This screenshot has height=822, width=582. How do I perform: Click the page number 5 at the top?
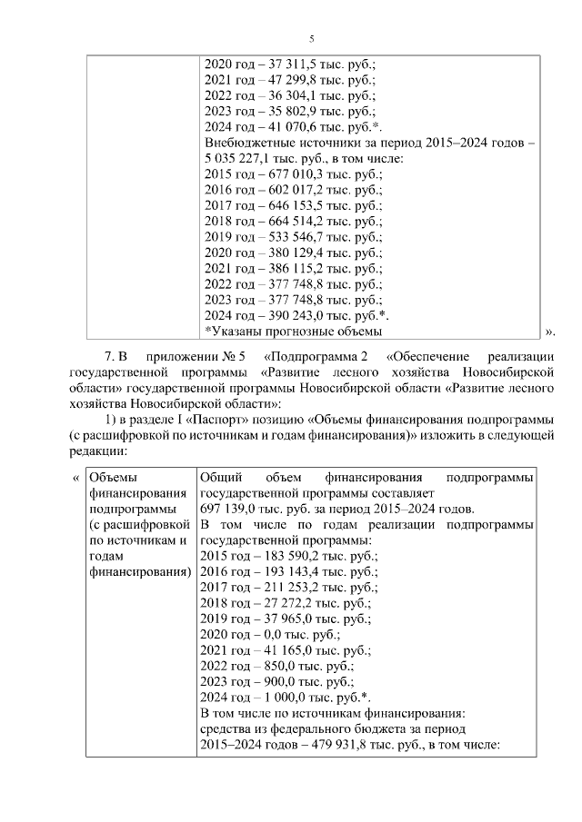pyautogui.click(x=312, y=38)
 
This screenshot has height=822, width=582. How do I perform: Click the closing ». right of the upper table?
pyautogui.click(x=548, y=332)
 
